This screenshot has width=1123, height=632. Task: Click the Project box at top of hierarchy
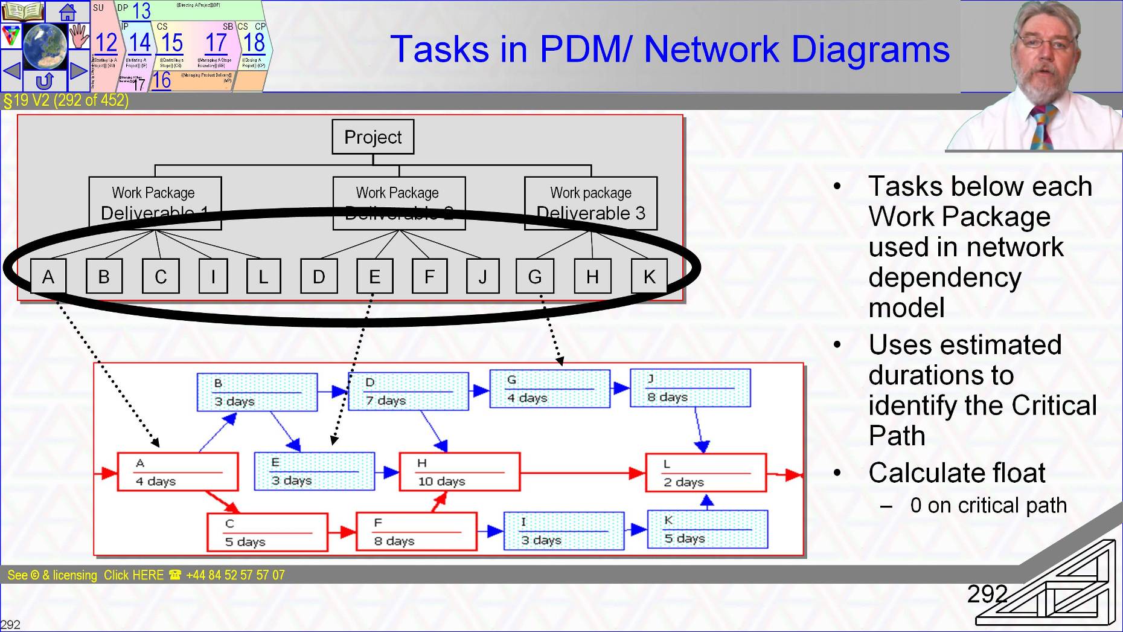(373, 137)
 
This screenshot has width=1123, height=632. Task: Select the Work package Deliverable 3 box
(590, 203)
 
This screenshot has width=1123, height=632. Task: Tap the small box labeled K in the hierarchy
(649, 277)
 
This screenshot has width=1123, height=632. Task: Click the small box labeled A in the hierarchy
(48, 277)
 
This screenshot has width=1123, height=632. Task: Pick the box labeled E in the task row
(374, 277)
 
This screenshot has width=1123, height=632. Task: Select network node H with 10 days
(459, 472)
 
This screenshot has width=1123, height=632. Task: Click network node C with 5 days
(267, 532)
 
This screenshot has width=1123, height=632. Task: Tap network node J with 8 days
(690, 388)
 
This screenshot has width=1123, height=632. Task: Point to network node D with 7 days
(409, 392)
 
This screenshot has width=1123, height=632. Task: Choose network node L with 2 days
(706, 473)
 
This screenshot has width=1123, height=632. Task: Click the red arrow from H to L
(580, 472)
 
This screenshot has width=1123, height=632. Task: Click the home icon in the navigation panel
(68, 11)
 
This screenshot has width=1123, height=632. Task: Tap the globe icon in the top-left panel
(45, 46)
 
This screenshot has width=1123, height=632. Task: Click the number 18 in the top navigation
(254, 43)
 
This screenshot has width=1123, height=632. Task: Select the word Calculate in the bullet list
(918, 473)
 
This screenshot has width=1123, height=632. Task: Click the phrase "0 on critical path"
(988, 505)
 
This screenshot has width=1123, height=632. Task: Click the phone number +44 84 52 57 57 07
(235, 575)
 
